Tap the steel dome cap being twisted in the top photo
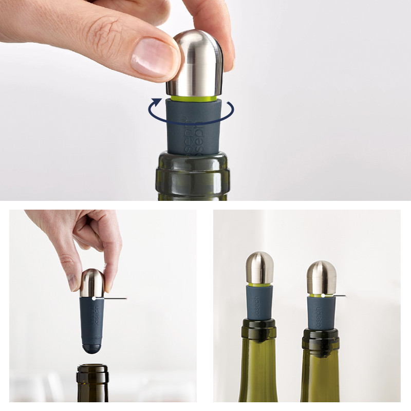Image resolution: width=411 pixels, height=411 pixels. click(x=198, y=62)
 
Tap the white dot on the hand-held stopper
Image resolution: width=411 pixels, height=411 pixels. click(x=93, y=297)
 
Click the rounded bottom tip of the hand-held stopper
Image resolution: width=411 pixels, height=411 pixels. click(x=92, y=348)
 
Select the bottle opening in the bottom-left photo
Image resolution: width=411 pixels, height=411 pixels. click(x=92, y=368)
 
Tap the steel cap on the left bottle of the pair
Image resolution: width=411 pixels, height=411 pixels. click(x=260, y=268)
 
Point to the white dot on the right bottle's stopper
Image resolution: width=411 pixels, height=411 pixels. click(x=323, y=295)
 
